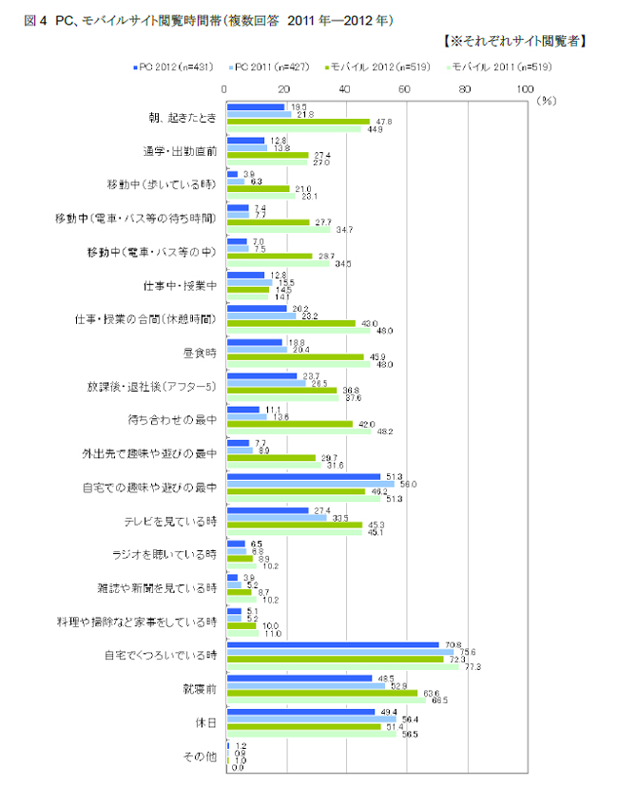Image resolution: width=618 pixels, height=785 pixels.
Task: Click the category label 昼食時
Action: (x=201, y=352)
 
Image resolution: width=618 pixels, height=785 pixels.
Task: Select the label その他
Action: (x=201, y=756)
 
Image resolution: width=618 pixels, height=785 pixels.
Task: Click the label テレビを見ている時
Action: (x=171, y=520)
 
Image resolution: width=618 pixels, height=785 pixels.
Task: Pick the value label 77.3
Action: (x=473, y=667)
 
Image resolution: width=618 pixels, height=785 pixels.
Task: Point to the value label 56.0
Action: (x=410, y=485)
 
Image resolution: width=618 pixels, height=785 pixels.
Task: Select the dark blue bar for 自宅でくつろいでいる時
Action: (x=332, y=644)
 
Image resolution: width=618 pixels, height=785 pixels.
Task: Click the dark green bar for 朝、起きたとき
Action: (x=298, y=122)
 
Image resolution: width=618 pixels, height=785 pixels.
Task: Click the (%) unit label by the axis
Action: (x=546, y=98)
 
